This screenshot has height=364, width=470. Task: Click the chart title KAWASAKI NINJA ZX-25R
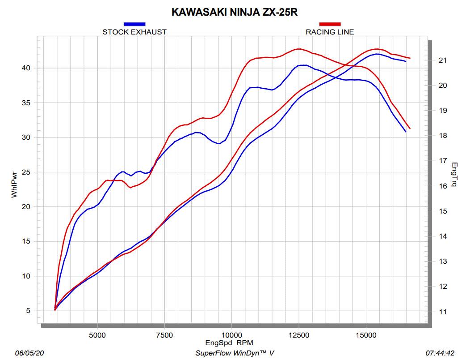(235, 12)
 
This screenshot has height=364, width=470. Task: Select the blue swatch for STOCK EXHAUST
(134, 24)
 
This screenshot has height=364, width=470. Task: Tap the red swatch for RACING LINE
(330, 24)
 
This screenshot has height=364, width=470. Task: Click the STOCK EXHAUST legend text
(134, 32)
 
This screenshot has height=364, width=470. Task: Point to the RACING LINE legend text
(330, 32)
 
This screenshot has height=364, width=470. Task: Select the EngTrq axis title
(454, 175)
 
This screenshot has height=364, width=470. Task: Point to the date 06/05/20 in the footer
(29, 353)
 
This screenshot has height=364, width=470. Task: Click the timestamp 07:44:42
(440, 353)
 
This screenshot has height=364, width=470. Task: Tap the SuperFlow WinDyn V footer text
(235, 353)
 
